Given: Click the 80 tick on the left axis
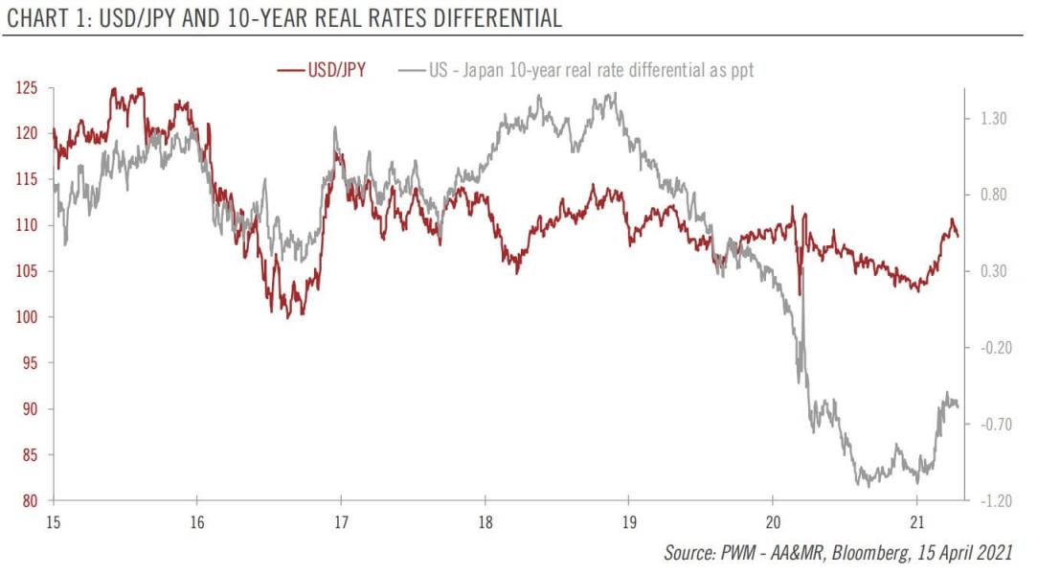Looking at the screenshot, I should click(x=29, y=501).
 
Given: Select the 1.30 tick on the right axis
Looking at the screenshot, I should click(x=994, y=119).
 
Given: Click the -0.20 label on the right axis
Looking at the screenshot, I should click(x=993, y=348).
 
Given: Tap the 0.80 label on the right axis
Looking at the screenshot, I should click(x=994, y=195).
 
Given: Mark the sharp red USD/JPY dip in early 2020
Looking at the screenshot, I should click(x=800, y=293).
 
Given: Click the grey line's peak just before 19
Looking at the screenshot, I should click(x=612, y=94).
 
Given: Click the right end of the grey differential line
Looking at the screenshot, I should click(x=958, y=406).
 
